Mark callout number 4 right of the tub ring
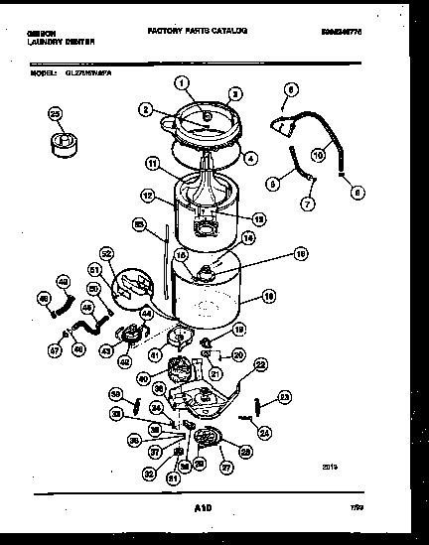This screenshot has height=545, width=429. (251, 156)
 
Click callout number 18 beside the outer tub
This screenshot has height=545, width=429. (268, 295)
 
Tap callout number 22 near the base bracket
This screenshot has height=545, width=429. (261, 364)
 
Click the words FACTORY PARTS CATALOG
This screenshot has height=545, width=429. (197, 32)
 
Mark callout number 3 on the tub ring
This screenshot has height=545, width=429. (234, 94)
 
